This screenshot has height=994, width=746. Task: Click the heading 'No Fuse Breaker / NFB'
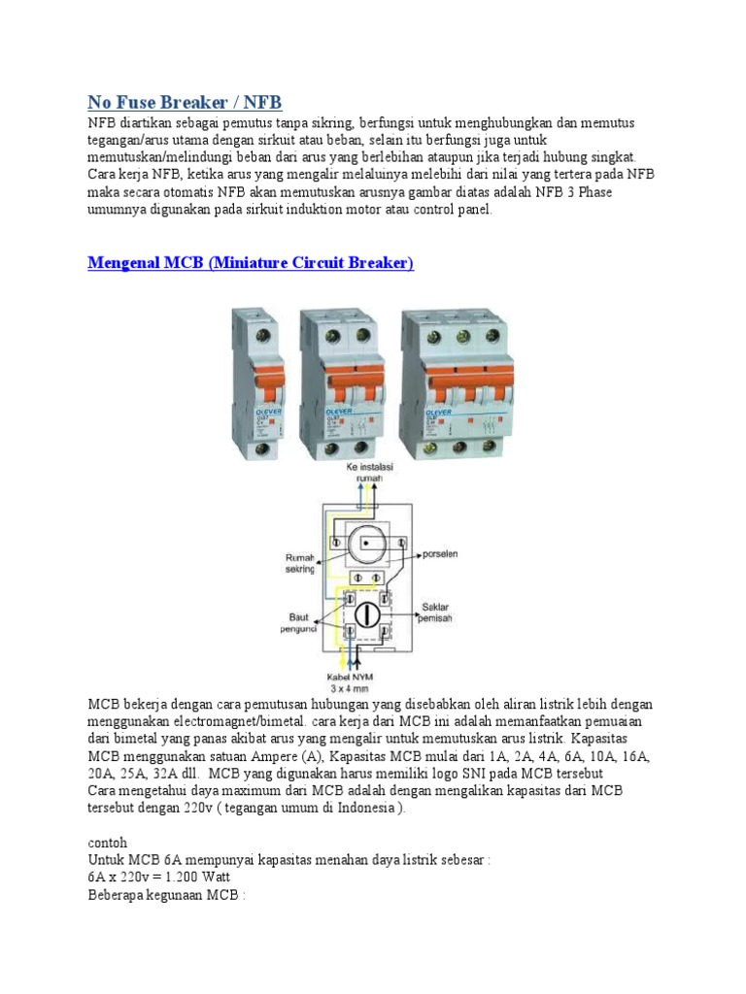coord(185,102)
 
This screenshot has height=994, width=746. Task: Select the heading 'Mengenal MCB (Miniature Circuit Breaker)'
coord(251,263)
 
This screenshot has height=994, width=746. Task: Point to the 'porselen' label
coord(439,555)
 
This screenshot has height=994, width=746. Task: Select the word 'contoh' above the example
coord(107,843)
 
